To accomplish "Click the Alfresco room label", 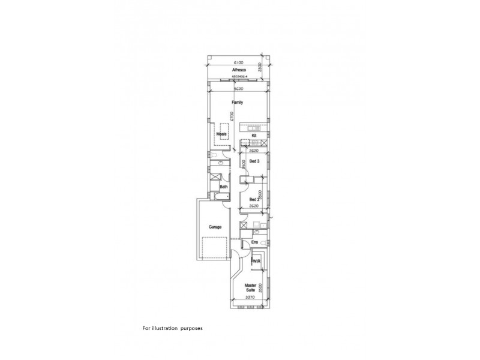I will [238, 70].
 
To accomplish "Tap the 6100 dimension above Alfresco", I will [238, 62].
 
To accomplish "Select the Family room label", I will [238, 103].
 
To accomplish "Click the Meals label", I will [221, 134].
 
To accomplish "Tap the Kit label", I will [254, 136].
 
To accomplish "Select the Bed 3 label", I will [254, 161].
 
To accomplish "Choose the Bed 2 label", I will [254, 199].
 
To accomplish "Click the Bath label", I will [224, 187].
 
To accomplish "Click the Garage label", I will [215, 227].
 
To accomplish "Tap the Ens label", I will [254, 242].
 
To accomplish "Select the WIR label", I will [256, 261].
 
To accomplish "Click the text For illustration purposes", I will [174, 328].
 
